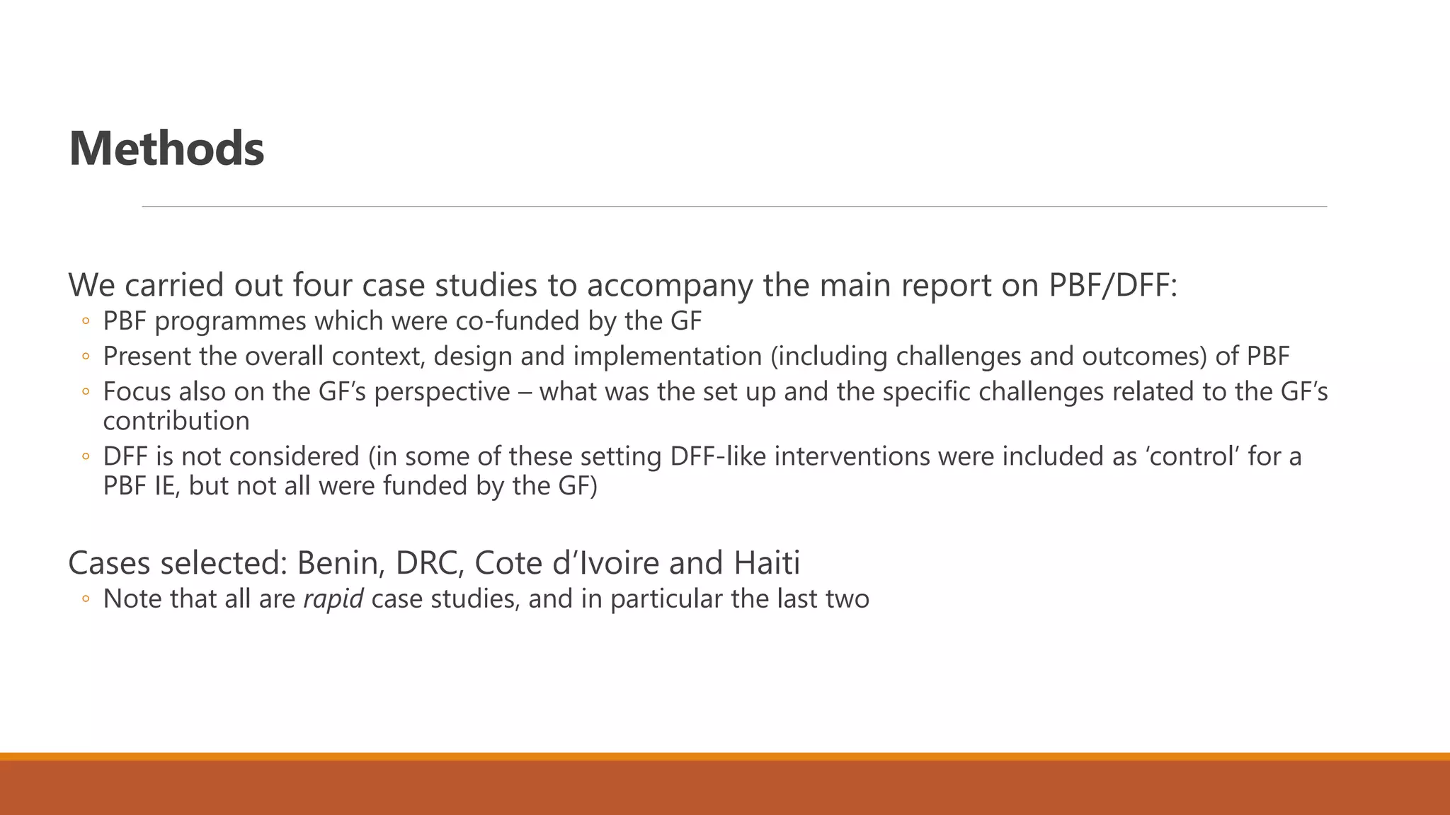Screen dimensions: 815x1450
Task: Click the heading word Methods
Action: coord(166,149)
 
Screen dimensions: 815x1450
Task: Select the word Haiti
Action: coord(767,563)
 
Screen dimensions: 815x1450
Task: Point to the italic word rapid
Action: coord(333,599)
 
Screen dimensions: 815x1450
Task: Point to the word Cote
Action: coord(504,563)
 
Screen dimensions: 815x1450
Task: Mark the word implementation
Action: coord(667,356)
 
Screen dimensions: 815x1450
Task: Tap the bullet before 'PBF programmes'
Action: coord(86,322)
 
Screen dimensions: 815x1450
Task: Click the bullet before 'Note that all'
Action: coord(86,599)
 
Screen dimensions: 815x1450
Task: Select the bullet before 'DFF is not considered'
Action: coord(86,457)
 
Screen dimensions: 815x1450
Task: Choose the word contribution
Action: coord(176,421)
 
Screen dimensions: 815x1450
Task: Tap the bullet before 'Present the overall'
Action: coord(86,357)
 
